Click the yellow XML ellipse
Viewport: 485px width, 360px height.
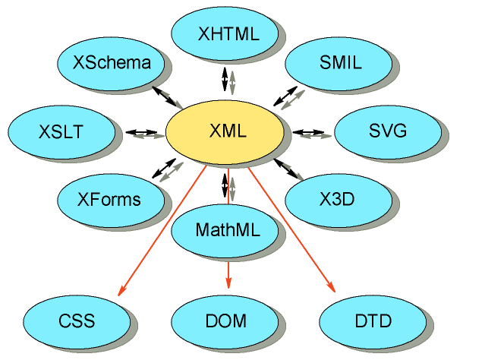[x=225, y=131]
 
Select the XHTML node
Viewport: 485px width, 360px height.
[x=225, y=33]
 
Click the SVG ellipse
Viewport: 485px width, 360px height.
[x=387, y=131]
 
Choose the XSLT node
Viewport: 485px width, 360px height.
[x=61, y=131]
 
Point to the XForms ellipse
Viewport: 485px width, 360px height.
[x=109, y=200]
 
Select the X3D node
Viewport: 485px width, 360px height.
[x=337, y=200]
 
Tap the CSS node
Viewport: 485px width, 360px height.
[x=77, y=321]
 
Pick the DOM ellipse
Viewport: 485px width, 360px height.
[x=225, y=321]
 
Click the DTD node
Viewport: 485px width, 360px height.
[x=373, y=321]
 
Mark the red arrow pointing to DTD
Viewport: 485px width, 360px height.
[x=291, y=232]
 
